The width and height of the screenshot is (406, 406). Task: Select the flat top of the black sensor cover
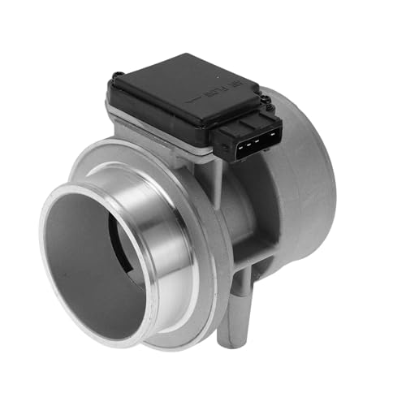point(171,85)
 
